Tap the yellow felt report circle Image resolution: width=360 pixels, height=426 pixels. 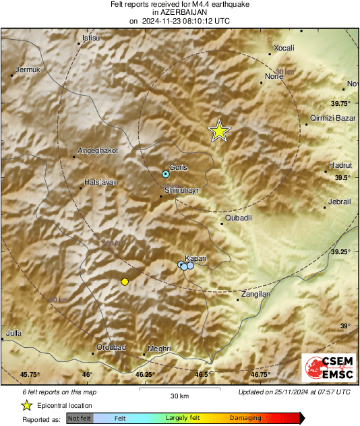point(124,281)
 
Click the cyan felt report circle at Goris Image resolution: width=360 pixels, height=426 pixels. point(166,174)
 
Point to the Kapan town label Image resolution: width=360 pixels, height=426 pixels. point(196,258)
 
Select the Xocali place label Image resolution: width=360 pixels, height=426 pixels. point(281,49)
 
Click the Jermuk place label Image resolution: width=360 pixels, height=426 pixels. point(28,69)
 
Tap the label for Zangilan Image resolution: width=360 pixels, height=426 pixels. point(254,295)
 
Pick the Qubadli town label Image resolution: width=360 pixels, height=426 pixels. point(237,218)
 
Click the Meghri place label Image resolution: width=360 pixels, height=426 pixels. point(159,348)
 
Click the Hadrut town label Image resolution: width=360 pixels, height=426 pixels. point(340,165)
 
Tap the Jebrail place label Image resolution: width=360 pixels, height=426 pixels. point(339,202)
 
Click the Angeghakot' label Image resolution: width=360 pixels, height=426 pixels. point(98,150)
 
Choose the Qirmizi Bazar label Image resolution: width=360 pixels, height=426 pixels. point(332,118)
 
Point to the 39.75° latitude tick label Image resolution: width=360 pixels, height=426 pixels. point(340,104)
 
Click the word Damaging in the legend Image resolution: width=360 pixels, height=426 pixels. point(245,418)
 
